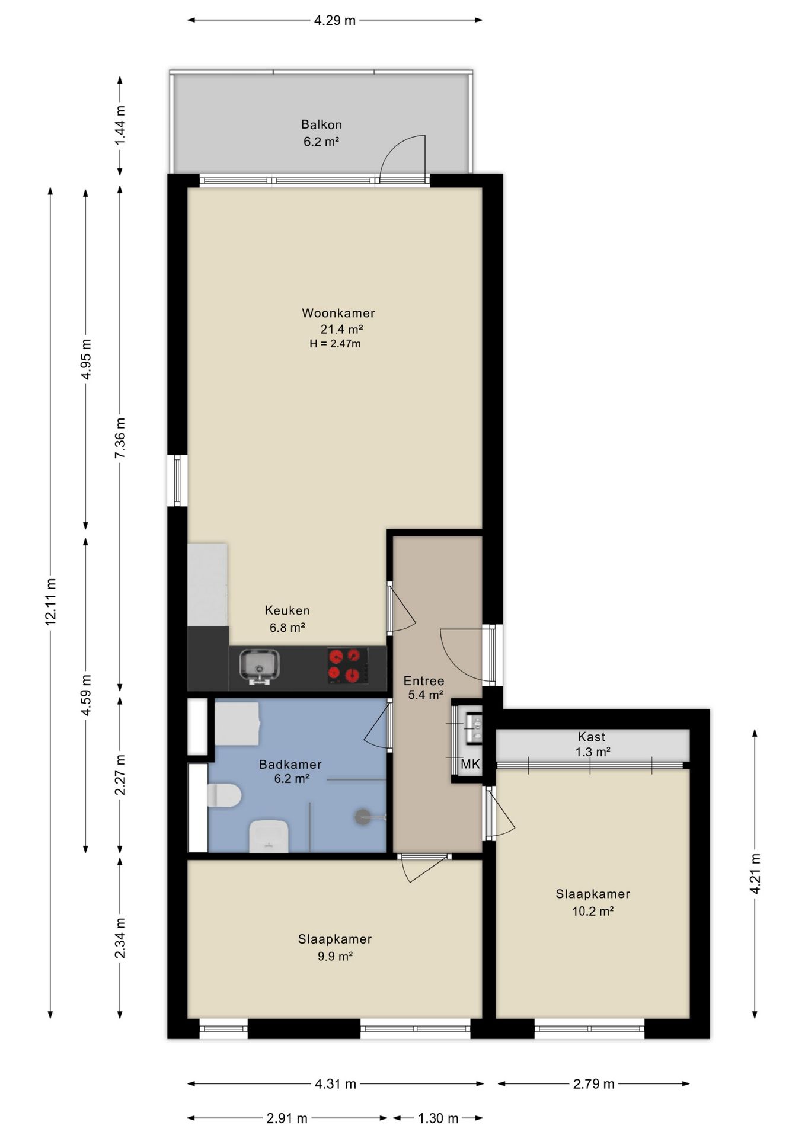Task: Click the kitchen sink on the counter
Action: [x=259, y=667]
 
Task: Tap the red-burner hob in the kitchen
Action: [x=347, y=665]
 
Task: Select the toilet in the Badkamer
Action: [x=224, y=795]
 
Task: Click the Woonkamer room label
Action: [x=338, y=313]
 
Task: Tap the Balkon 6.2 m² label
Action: [x=321, y=133]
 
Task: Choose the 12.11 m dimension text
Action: [x=50, y=601]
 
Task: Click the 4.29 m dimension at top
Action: [x=335, y=21]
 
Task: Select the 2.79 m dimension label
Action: [x=593, y=1084]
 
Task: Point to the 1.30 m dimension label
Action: [x=438, y=1118]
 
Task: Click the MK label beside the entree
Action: [x=470, y=765]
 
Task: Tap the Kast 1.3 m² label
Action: [x=592, y=744]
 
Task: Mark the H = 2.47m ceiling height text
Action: [x=335, y=343]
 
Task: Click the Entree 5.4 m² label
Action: [x=424, y=688]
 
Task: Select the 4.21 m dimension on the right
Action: [x=755, y=874]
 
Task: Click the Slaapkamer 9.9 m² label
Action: [x=335, y=947]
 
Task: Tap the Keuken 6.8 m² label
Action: [x=287, y=619]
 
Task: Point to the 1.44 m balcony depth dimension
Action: [x=120, y=125]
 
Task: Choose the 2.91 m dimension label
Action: [x=287, y=1118]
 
